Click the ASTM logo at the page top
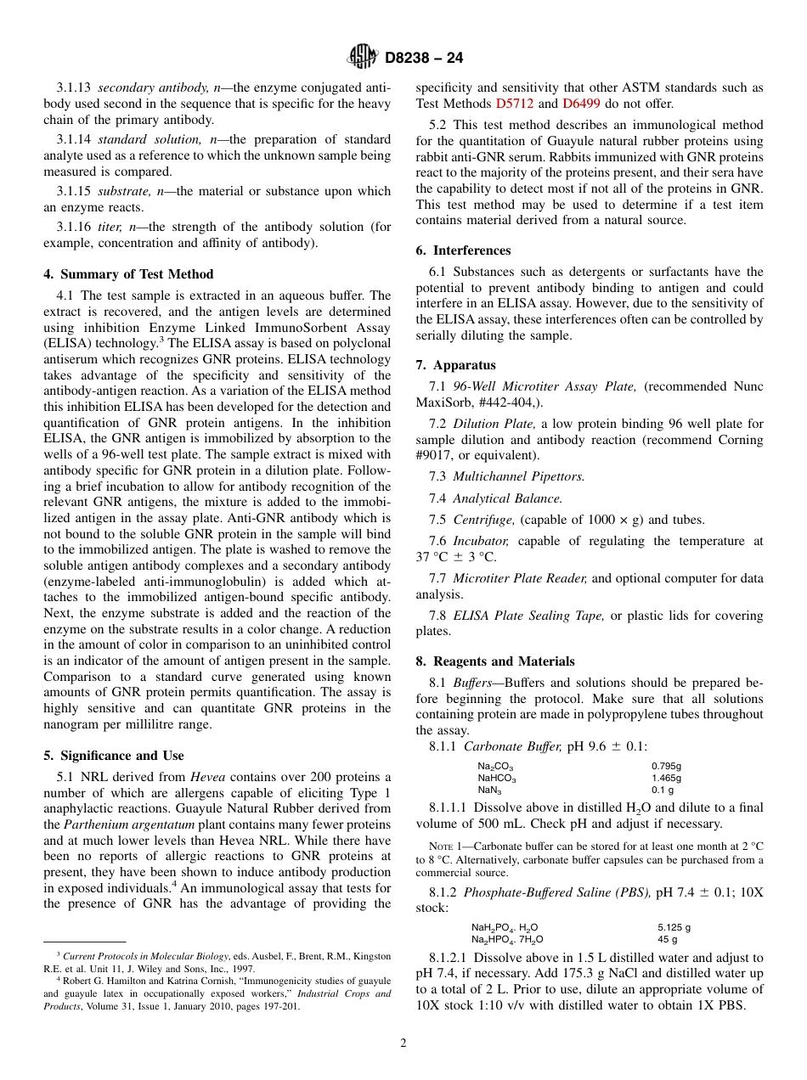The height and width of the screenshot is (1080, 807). point(363,57)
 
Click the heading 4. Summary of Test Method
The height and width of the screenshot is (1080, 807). point(128,274)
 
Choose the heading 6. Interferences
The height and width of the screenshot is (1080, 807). point(463,250)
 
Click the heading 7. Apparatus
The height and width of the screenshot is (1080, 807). point(455,365)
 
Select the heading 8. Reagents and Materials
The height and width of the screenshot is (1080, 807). point(495,661)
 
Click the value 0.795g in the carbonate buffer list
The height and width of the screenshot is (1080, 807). point(666,766)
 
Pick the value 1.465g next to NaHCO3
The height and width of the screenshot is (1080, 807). point(666,778)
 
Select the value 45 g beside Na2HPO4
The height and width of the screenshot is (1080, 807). point(667,939)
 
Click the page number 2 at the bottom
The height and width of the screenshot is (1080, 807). point(403,1043)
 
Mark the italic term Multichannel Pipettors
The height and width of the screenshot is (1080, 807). point(518,477)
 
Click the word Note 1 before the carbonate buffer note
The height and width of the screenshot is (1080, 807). point(443,846)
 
